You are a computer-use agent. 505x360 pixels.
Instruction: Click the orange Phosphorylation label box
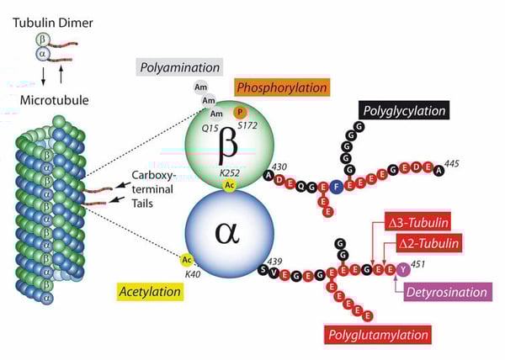(282, 87)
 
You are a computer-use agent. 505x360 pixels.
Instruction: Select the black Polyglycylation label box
(403, 109)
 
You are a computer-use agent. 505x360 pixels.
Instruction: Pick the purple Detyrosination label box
(446, 293)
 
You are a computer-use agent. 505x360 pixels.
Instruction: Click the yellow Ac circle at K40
(187, 260)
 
